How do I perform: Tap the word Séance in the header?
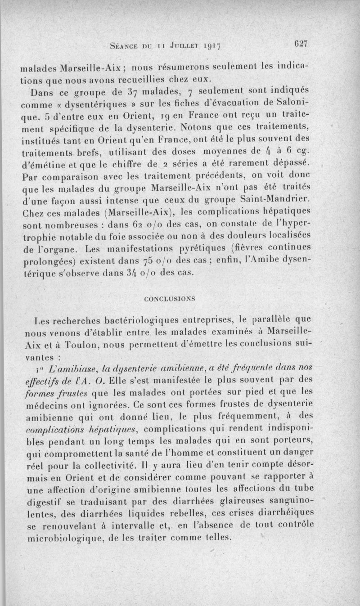[123, 45]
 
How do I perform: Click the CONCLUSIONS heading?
[170, 298]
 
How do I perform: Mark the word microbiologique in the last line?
[59, 538]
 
